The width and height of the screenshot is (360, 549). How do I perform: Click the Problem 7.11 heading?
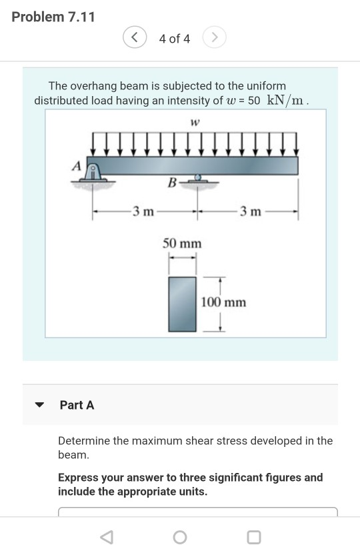pos(53,17)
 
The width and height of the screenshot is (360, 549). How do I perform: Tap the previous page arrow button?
pos(135,39)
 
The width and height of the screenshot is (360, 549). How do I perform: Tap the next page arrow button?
pos(214,39)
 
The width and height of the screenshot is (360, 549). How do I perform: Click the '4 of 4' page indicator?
pos(175,39)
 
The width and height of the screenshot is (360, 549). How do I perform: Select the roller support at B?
pos(197,179)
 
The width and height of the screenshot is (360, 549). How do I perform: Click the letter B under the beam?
pos(172,182)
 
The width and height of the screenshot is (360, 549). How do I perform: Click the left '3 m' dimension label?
pos(143,212)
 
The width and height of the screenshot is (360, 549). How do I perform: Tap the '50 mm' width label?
pos(182,243)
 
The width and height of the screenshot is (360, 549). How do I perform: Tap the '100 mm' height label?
pos(223,302)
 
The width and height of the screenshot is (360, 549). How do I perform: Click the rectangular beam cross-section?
pos(182,304)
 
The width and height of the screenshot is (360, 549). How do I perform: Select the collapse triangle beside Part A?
pos(40,405)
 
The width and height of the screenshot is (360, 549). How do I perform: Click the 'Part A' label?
pos(77,405)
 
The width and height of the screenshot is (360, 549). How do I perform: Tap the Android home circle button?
pos(179,536)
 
